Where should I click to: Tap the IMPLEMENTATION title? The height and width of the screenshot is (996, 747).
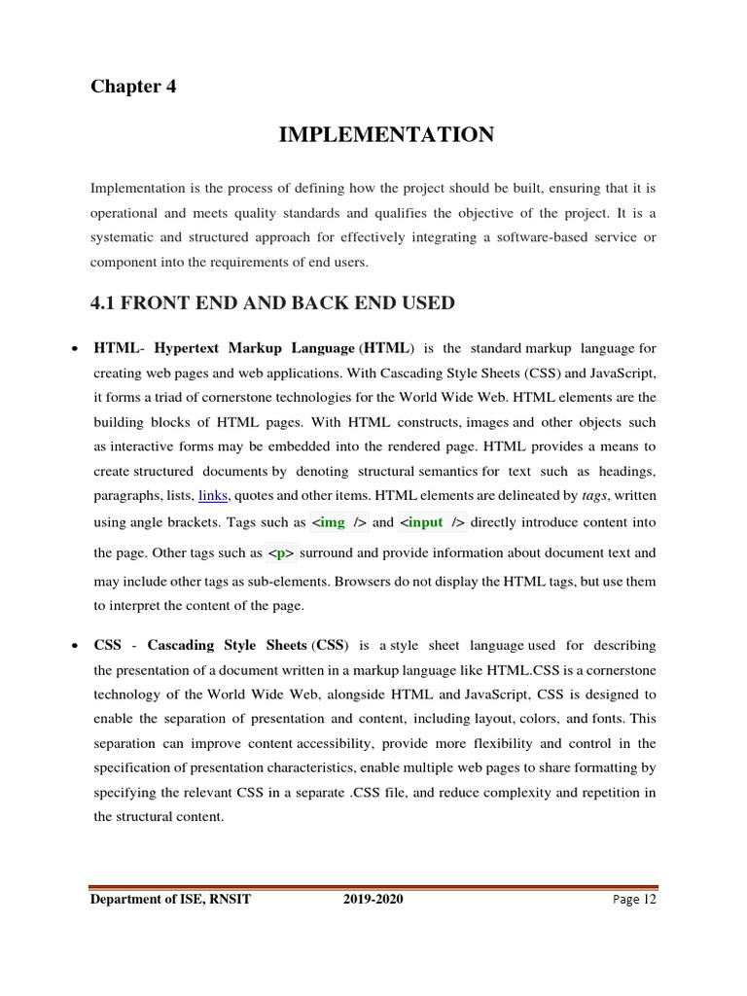point(386,134)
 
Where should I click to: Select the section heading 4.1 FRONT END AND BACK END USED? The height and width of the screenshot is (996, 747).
point(272,302)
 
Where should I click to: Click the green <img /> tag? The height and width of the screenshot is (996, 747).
point(338,522)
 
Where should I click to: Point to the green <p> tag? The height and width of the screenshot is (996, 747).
point(282,553)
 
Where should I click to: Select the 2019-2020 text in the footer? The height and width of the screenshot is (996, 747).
point(373,900)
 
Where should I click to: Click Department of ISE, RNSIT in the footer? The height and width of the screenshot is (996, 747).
point(170,900)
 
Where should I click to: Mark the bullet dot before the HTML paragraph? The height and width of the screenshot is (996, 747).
point(75,348)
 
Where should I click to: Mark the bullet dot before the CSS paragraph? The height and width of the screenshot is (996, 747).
point(75,646)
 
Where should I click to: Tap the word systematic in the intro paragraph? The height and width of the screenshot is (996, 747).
point(123,237)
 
